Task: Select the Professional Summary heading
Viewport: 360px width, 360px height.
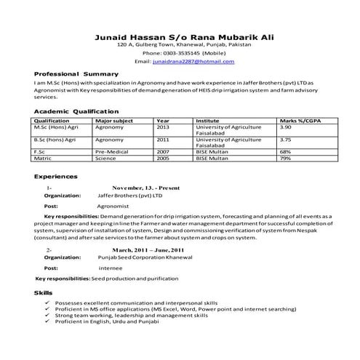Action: coord(76,74)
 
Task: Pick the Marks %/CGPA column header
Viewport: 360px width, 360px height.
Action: coord(300,121)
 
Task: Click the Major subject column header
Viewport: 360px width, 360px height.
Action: coord(114,121)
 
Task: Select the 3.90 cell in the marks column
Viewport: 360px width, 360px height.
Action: coord(286,127)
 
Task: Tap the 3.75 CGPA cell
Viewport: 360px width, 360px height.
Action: coord(286,139)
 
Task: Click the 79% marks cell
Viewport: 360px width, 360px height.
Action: coord(286,158)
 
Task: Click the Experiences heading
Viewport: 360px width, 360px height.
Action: coord(56,176)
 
